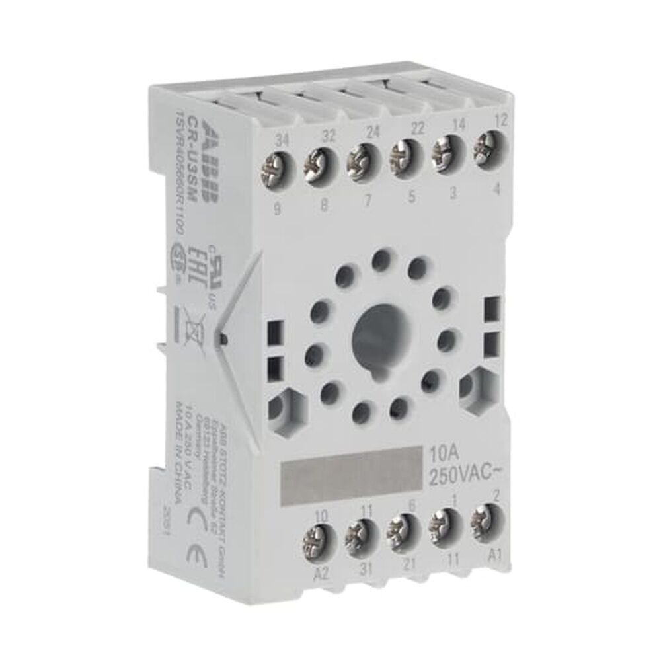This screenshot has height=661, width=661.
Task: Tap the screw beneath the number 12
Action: pos(488,142)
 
